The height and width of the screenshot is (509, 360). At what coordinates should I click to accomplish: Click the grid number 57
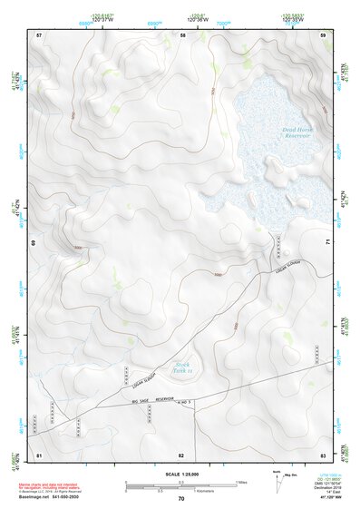click(x=39, y=34)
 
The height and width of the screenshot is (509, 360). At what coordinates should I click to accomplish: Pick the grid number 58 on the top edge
click(x=182, y=34)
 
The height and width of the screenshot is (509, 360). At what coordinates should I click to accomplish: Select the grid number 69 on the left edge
click(x=34, y=243)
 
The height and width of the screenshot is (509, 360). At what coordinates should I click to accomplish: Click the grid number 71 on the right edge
click(x=326, y=243)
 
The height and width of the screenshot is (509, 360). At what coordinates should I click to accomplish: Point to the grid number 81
click(x=39, y=454)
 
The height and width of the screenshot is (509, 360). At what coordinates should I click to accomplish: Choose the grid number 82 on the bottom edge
click(x=181, y=454)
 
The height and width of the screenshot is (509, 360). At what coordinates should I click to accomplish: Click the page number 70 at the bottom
click(x=181, y=498)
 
